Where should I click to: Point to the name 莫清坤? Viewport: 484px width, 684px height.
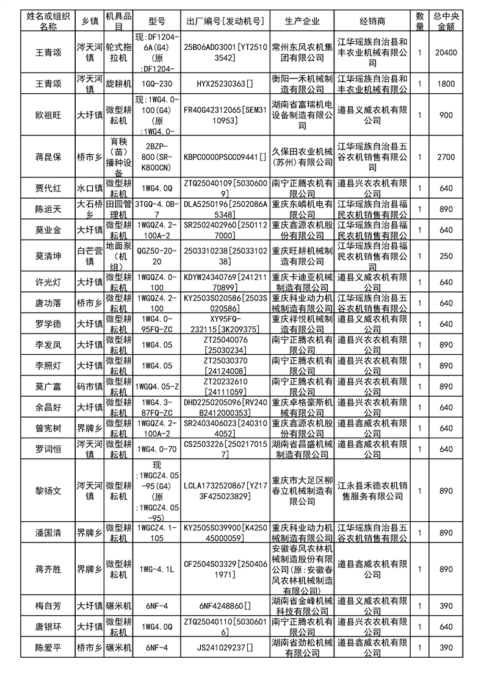tap(48, 257)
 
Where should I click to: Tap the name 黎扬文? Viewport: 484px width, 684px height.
tap(48, 490)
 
